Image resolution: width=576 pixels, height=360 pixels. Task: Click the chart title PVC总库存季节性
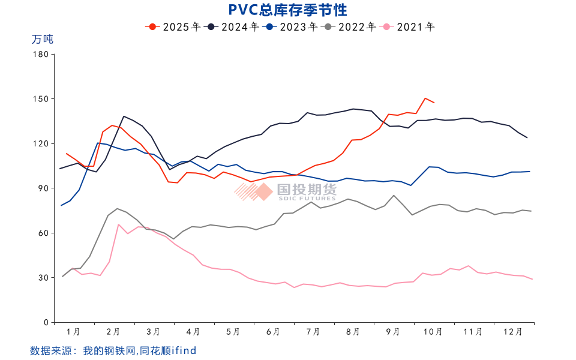288,10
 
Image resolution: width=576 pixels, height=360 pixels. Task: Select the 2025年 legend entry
174,26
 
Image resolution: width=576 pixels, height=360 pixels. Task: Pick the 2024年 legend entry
233,26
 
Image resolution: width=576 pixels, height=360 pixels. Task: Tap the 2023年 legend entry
292,26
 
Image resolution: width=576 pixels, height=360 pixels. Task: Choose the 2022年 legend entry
350,26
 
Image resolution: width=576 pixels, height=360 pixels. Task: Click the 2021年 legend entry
409,26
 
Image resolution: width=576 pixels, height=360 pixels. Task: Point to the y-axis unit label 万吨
42,40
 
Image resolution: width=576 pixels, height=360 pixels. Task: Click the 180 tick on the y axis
40,54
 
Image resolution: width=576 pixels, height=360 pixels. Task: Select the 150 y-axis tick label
40,99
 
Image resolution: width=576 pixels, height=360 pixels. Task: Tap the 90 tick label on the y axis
43,188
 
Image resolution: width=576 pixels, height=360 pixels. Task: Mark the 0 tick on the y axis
45,323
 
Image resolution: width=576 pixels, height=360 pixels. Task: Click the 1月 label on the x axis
73,332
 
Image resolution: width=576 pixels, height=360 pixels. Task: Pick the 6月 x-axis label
273,332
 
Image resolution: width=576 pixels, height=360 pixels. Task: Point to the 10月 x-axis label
433,332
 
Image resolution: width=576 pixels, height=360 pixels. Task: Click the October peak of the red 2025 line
425,98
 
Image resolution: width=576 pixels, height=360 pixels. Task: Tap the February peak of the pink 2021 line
119,224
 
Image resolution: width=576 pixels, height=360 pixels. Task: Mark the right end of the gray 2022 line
531,211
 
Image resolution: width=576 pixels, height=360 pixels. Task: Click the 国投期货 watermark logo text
307,190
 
